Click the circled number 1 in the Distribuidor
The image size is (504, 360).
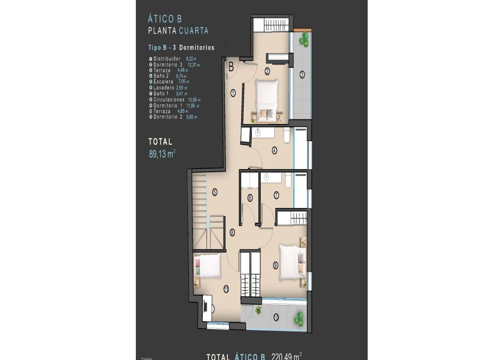(x=232, y=92)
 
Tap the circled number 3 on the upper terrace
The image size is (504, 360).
(x=302, y=75)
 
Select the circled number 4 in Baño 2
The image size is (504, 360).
(x=274, y=150)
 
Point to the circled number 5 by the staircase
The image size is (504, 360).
(x=215, y=192)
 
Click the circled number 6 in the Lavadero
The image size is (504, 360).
(x=250, y=198)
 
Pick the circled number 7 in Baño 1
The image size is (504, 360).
(x=276, y=195)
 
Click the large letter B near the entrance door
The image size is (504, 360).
(x=230, y=64)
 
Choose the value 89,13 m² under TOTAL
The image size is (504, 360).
(x=162, y=153)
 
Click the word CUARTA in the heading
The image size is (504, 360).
(x=193, y=30)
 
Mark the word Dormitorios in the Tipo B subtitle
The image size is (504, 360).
(x=196, y=48)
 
